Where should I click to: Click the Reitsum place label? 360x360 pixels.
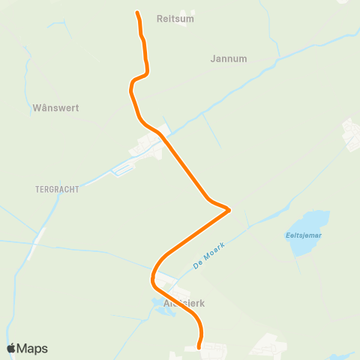(175, 19)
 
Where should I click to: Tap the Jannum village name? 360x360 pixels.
(229, 58)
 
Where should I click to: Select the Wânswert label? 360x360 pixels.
(55, 108)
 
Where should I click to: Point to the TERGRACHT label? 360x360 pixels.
(57, 190)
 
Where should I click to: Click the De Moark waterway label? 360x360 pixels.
(208, 255)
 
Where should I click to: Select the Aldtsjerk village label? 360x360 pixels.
(184, 304)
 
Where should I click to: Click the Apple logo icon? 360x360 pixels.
(11, 348)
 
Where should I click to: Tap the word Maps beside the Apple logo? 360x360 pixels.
(32, 349)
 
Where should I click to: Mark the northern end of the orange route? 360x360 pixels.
(137, 13)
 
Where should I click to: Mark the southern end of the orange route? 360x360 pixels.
(199, 347)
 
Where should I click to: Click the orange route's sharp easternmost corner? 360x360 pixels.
(229, 210)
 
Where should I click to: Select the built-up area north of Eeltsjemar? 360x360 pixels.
(351, 133)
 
